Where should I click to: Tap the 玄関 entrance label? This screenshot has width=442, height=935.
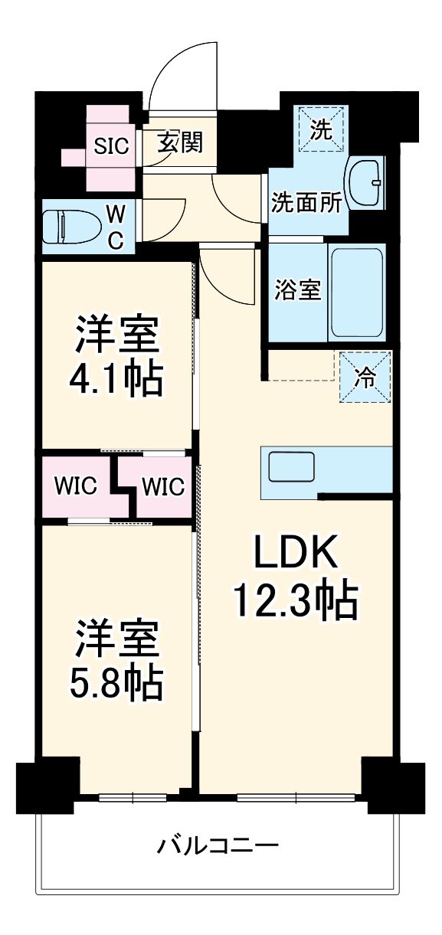[180, 142]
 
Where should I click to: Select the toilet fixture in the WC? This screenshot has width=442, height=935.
[65, 227]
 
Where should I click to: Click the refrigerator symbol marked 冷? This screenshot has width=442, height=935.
[365, 376]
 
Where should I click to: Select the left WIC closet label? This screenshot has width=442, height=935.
[75, 485]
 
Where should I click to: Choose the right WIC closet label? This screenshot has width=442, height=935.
[162, 485]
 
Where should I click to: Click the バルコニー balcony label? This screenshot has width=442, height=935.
[218, 846]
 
